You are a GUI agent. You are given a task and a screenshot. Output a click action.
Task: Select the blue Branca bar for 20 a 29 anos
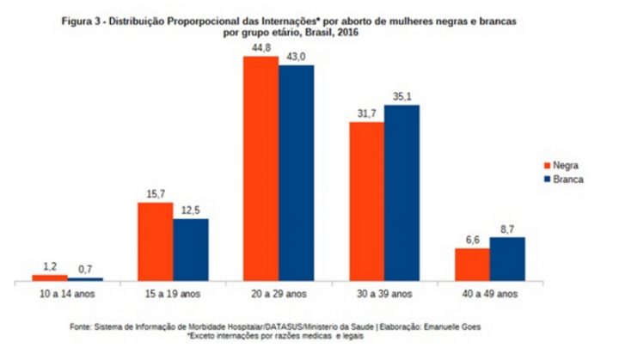[296, 173]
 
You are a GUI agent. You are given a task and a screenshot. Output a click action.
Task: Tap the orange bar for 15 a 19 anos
[155, 241]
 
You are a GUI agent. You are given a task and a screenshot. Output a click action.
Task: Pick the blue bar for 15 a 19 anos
[190, 249]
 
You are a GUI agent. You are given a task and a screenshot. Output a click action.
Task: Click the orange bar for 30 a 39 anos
[366, 201]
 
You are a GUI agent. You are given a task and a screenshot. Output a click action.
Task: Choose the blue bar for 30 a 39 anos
[401, 192]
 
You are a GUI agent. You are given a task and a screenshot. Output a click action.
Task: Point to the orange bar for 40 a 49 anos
[472, 264]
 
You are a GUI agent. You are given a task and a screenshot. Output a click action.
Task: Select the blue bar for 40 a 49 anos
[507, 259]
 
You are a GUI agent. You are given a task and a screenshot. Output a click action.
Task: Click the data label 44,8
[261, 49]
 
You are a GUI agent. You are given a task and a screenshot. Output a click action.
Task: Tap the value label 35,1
[401, 97]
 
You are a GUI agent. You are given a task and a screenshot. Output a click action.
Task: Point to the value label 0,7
[85, 271]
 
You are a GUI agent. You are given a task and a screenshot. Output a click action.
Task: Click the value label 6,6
[472, 241]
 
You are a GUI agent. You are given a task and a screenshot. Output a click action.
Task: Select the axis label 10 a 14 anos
[67, 293]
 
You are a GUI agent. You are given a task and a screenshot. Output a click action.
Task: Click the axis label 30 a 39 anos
[384, 293]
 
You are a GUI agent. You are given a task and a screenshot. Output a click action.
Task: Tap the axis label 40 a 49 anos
[490, 293]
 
